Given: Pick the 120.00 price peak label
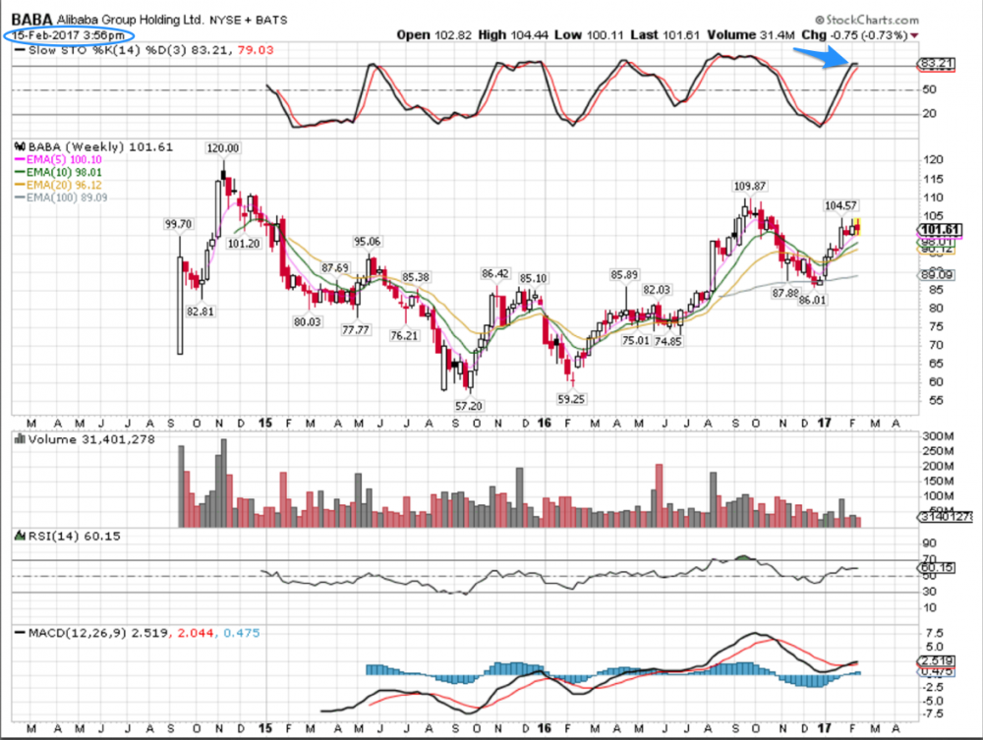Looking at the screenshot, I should pos(222,148).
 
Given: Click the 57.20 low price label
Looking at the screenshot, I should pos(468,404).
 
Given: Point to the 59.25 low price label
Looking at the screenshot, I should pos(570,399).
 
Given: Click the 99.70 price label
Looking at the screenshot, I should pos(178,225).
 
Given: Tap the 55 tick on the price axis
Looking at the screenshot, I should pos(925,401).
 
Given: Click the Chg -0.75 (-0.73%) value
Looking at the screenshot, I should pos(859,35).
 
